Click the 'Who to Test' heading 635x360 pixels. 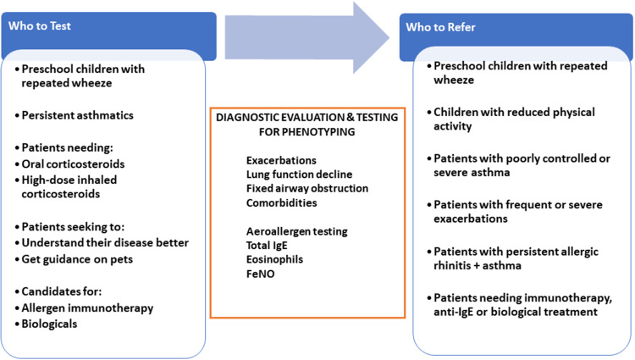(x=40, y=26)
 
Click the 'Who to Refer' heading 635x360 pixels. (x=440, y=27)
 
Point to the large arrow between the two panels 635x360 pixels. (x=307, y=38)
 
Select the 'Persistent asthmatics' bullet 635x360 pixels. (x=77, y=115)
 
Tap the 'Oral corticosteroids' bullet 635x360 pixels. (x=73, y=164)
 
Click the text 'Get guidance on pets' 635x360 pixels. (x=77, y=259)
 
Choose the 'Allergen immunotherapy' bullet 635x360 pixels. (x=87, y=308)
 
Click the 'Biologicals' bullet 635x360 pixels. (x=49, y=324)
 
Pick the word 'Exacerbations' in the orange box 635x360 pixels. (x=281, y=160)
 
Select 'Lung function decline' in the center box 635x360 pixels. (x=299, y=174)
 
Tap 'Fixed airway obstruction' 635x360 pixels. (x=307, y=188)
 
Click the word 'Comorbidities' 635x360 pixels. (x=281, y=202)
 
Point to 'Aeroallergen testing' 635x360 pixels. (x=297, y=231)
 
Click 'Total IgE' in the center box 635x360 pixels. (x=267, y=246)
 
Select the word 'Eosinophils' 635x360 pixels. (x=274, y=259)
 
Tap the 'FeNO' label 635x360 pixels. (x=261, y=274)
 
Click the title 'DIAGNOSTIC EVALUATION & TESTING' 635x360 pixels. (x=307, y=118)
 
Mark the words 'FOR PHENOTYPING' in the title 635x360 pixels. (x=307, y=132)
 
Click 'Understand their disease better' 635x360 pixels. (x=105, y=243)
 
